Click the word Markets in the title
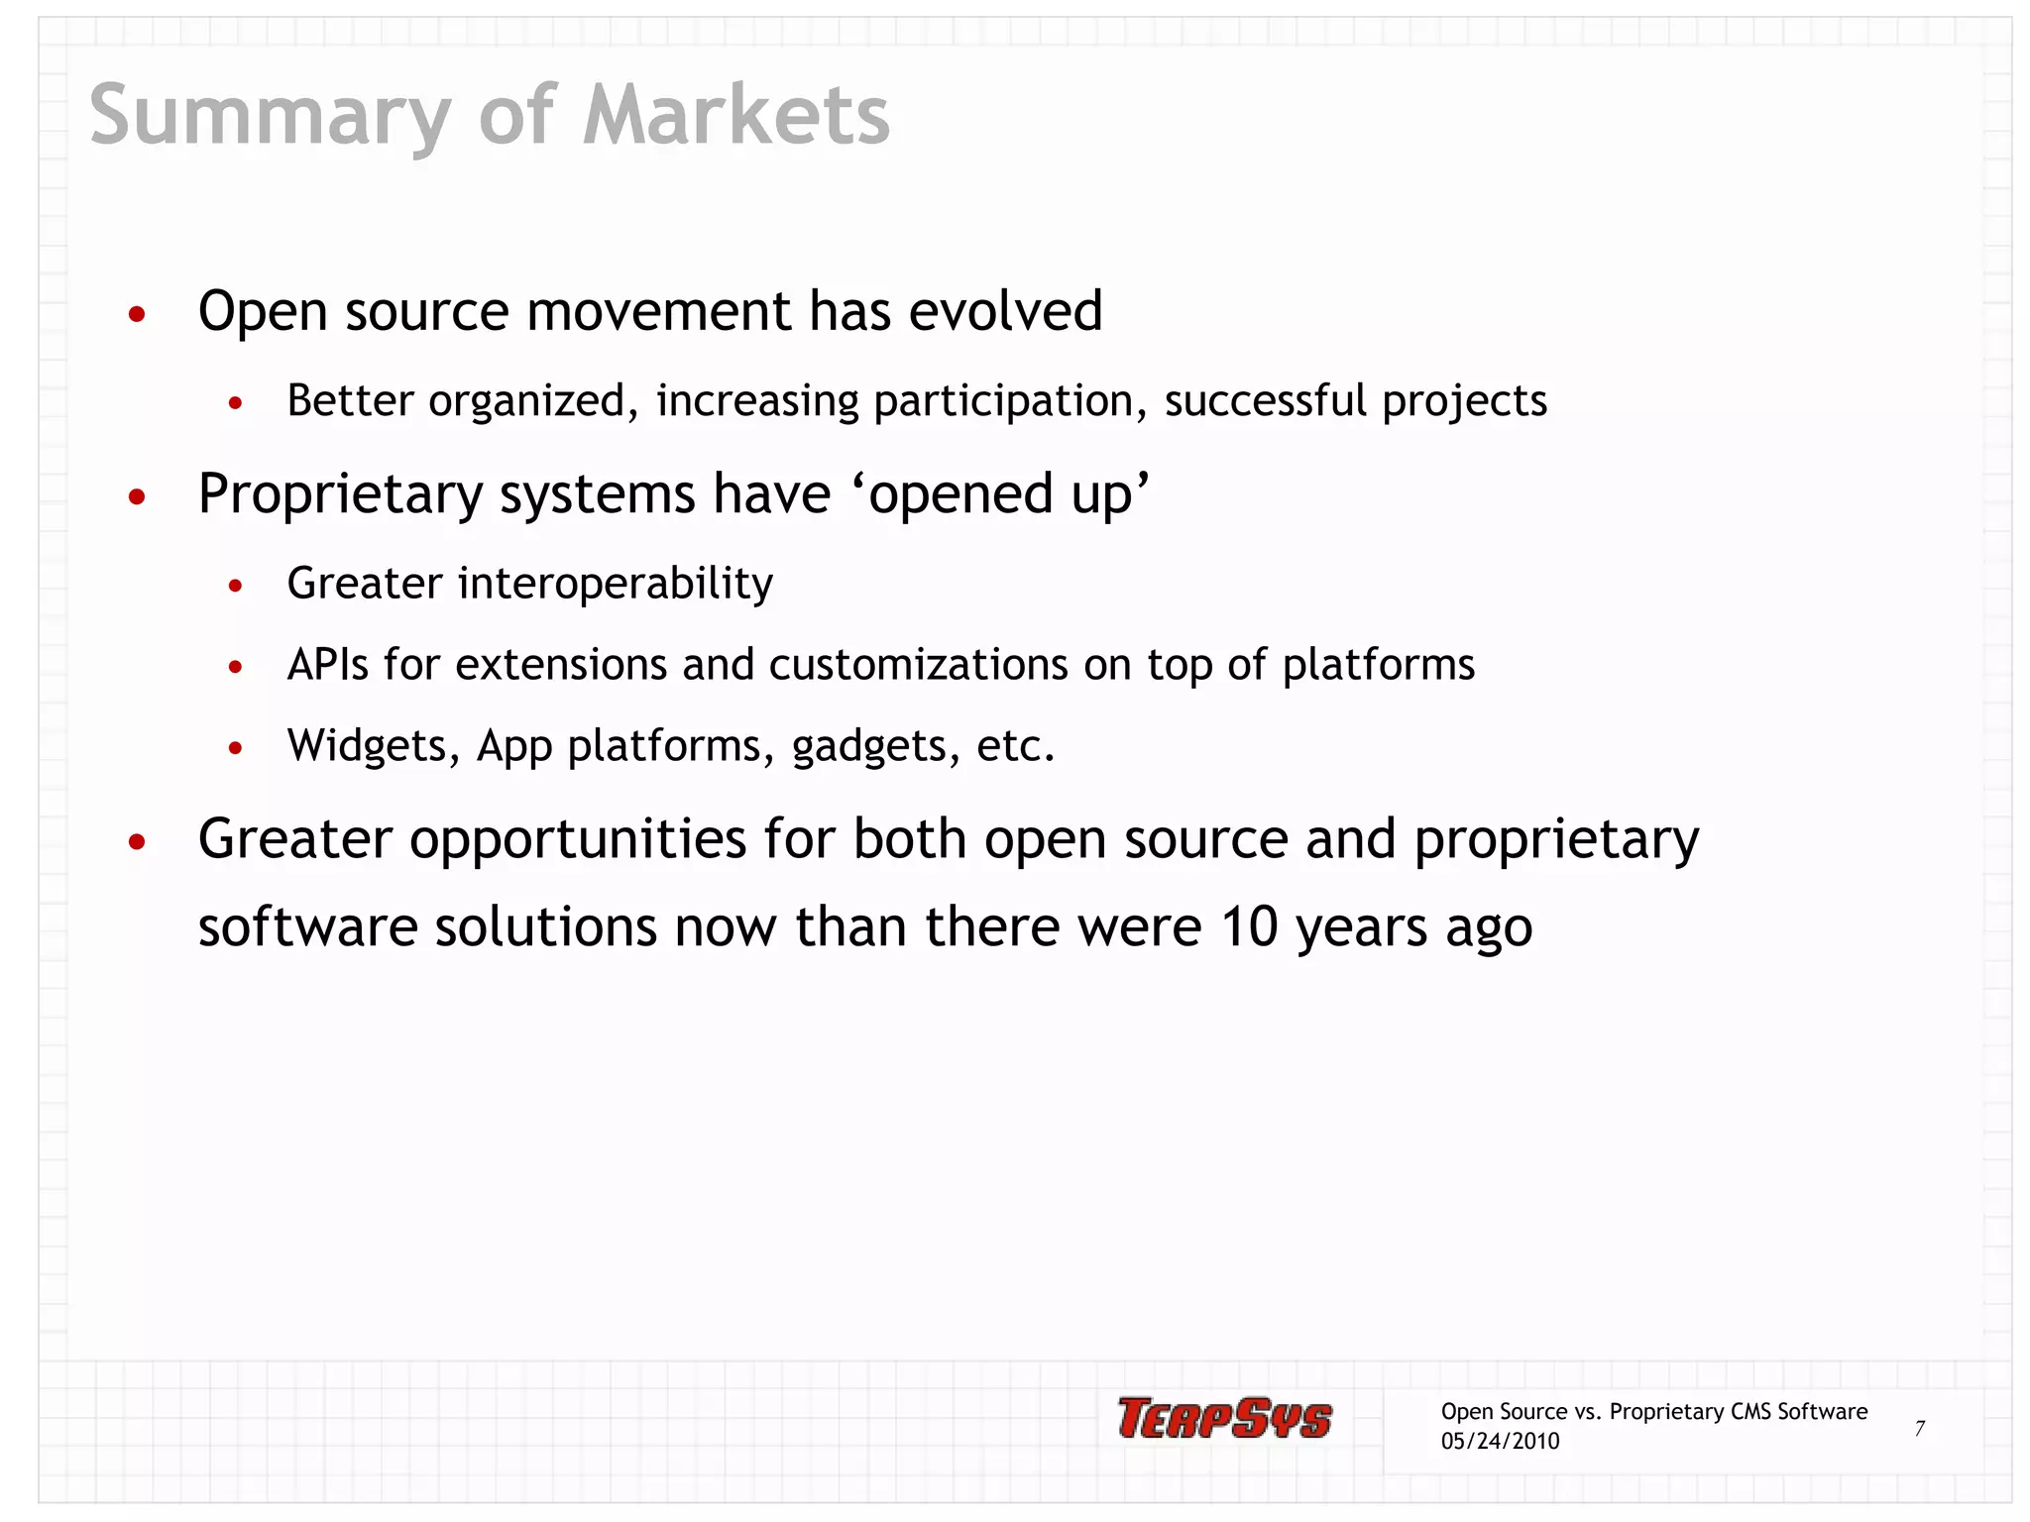pyautogui.click(x=735, y=115)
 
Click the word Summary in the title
pyautogui.click(x=271, y=117)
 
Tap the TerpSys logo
pyautogui.click(x=1224, y=1418)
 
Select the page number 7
pyautogui.click(x=1919, y=1428)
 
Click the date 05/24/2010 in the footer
pyautogui.click(x=1500, y=1442)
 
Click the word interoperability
pyautogui.click(x=615, y=584)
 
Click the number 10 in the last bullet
pyautogui.click(x=1249, y=927)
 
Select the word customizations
pyautogui.click(x=918, y=664)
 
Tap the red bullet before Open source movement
pyautogui.click(x=138, y=315)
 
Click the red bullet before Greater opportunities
pyautogui.click(x=138, y=842)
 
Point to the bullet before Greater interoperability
pyautogui.click(x=235, y=587)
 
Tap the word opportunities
pyautogui.click(x=577, y=840)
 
